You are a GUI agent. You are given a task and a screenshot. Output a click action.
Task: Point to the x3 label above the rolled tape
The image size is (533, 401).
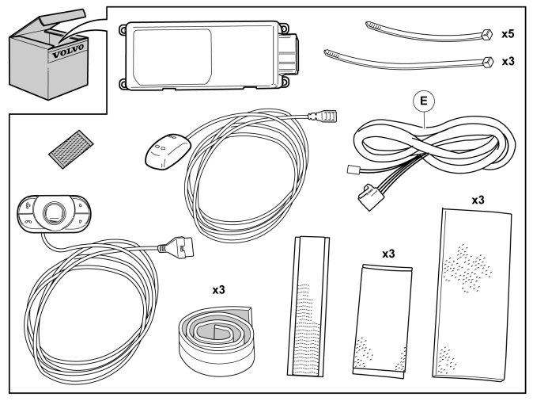219,290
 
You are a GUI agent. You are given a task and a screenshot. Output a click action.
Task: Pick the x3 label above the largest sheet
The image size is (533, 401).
478,200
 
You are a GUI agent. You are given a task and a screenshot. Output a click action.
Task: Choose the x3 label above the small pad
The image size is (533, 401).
387,254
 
